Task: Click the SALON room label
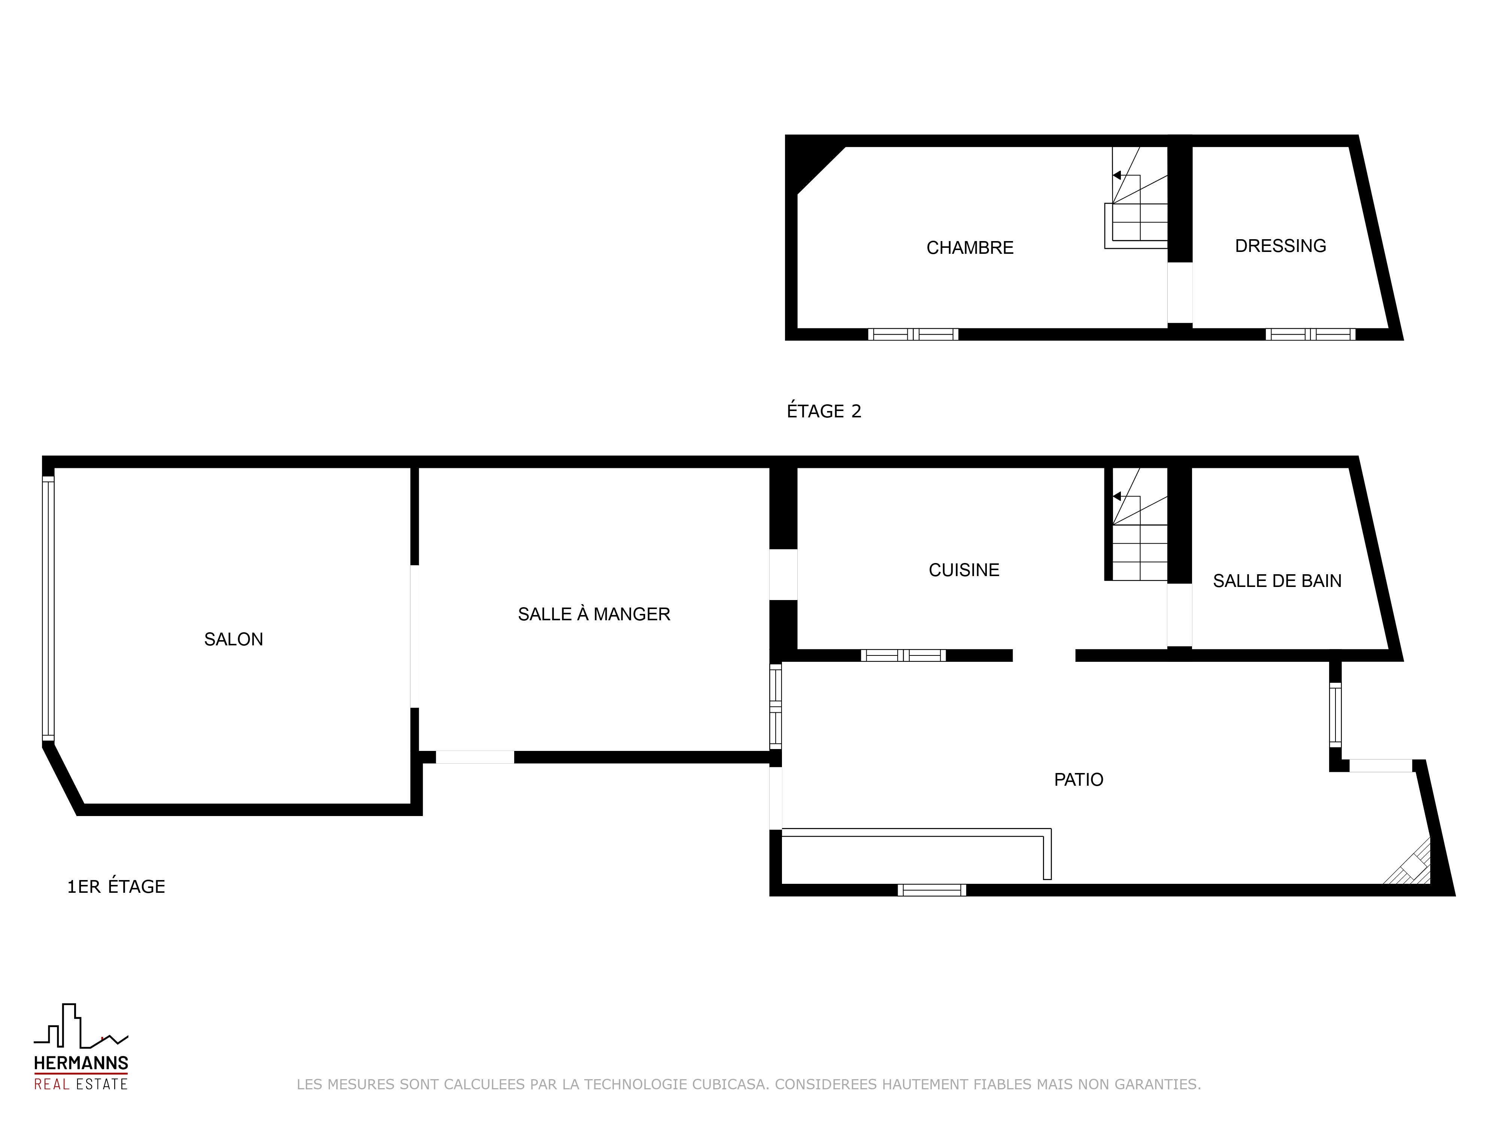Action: coord(234,639)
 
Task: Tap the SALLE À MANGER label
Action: coord(594,614)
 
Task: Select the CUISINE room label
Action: coord(964,570)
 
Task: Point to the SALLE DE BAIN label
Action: coord(1277,581)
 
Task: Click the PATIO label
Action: coord(1079,780)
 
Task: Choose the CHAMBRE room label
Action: coord(970,248)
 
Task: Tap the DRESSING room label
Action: coord(1281,246)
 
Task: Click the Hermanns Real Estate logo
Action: coord(81,1047)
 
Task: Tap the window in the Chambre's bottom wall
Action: coord(913,334)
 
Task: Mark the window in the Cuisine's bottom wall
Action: coord(903,655)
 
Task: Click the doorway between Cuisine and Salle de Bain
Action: coord(1180,615)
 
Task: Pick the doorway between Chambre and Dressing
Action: coord(1180,292)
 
